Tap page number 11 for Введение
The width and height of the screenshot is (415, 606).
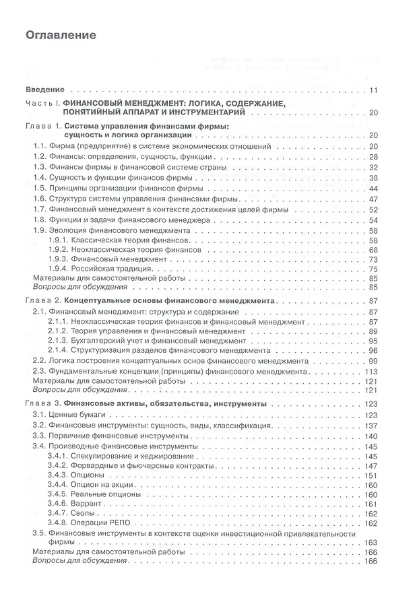click(375, 90)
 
